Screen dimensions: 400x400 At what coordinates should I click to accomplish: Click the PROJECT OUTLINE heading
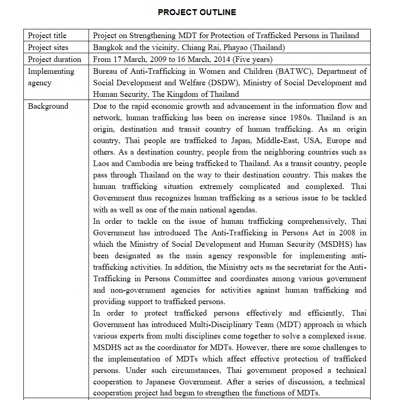coord(197,12)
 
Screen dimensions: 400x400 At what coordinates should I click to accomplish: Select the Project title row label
coord(47,36)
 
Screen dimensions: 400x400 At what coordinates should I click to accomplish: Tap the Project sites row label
coord(48,47)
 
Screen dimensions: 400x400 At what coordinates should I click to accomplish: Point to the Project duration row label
coord(54,59)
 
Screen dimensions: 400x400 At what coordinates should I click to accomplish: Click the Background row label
coord(48,106)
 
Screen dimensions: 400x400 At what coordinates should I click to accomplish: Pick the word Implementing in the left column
coord(50,71)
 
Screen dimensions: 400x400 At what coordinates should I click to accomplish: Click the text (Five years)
coord(253,59)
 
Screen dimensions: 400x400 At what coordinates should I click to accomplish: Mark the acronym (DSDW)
coord(225,83)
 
